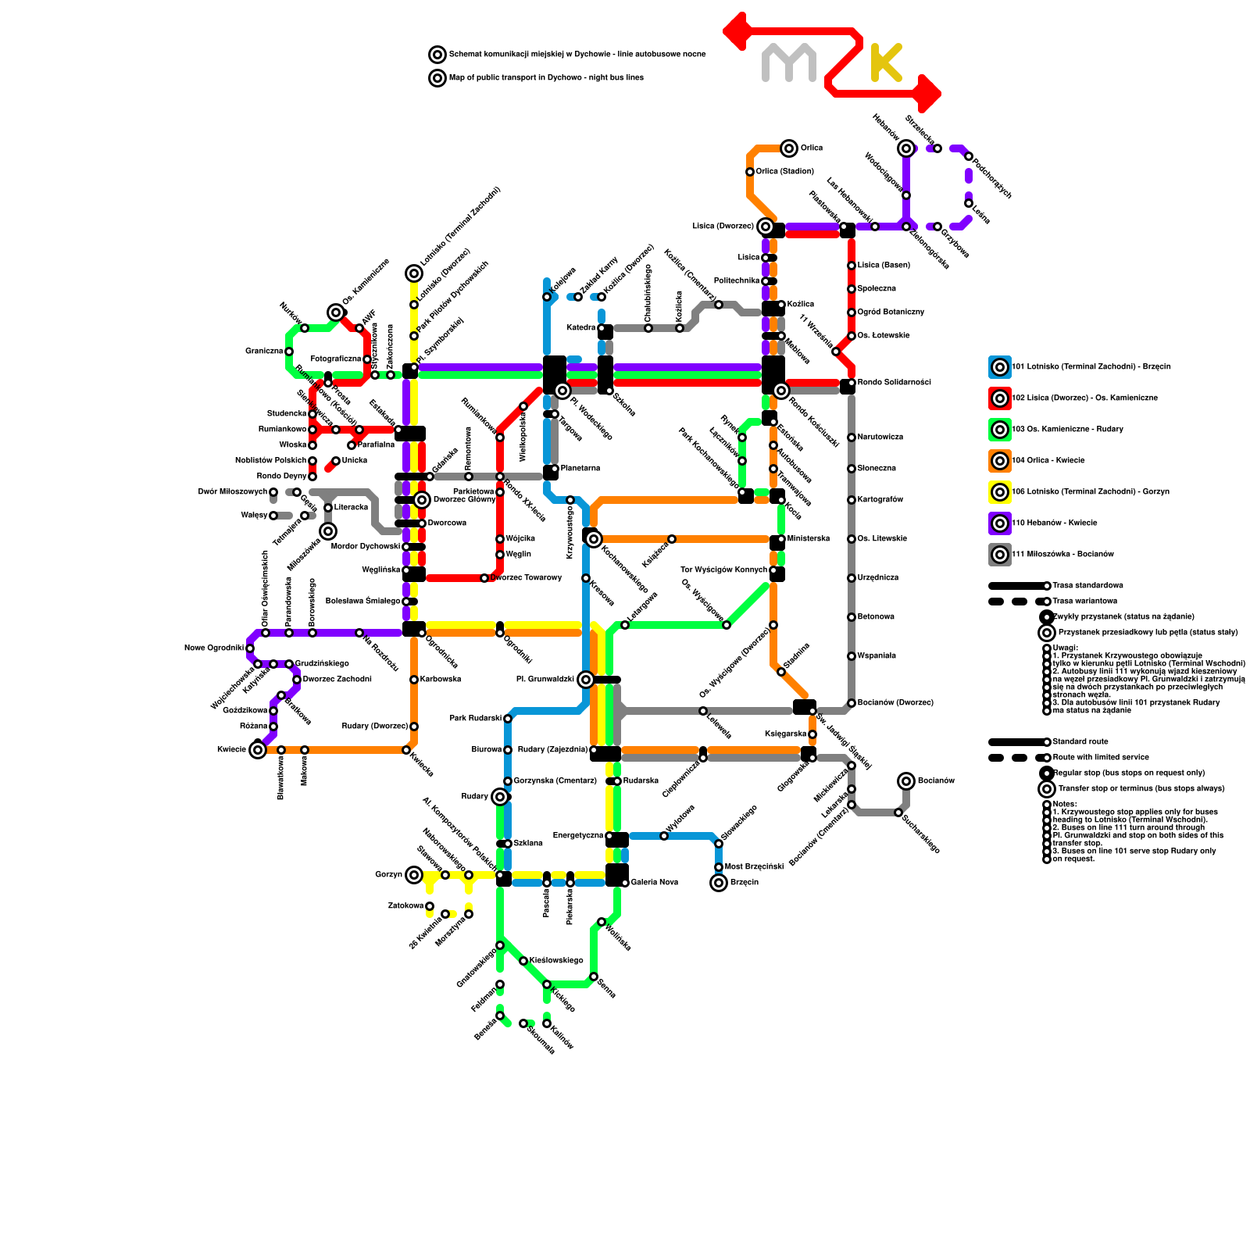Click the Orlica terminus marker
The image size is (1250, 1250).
789,148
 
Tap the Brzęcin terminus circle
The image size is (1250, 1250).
719,883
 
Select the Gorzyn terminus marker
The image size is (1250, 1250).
414,875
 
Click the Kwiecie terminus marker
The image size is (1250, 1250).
258,750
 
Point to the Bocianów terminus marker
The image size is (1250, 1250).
906,781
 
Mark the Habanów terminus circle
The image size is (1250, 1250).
906,148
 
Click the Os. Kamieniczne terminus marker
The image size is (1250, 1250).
336,312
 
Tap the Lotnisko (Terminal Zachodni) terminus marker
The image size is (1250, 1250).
414,273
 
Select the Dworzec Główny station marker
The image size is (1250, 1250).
422,500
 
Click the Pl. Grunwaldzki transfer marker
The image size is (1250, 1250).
586,680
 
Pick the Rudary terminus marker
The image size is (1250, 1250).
500,797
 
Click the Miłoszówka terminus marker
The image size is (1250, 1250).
328,531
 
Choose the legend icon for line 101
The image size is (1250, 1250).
1000,367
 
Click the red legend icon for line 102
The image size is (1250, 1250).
1000,398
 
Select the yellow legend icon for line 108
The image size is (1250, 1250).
1000,492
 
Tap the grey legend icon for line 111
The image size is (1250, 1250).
1000,555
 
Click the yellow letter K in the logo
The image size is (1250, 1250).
886,63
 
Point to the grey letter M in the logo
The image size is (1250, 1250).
789,63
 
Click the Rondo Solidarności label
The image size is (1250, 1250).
894,383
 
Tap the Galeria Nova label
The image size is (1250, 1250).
655,883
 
